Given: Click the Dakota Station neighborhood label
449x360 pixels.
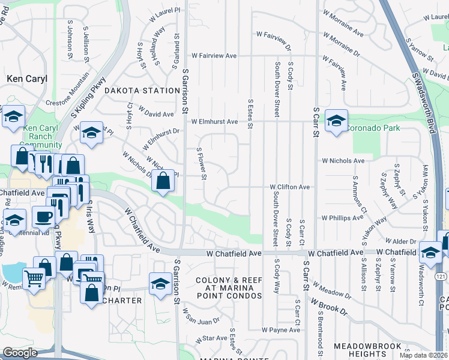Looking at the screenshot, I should tap(142, 91).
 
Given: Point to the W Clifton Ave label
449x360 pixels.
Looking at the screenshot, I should tap(289, 187).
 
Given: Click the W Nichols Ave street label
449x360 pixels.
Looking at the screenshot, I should tap(343, 161).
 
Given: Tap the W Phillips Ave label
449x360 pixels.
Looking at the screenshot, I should tap(343, 218).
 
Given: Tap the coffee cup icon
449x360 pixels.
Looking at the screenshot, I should tap(43, 216).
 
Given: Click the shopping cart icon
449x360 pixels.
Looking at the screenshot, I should tap(34, 278).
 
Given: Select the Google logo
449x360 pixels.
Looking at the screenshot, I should tap(20, 353).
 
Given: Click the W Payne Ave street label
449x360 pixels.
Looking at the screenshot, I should tap(281, 330).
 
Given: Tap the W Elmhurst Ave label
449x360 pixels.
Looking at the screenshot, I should tap(214, 121).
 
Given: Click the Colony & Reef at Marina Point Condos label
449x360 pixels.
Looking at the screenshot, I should tap(229, 288).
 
